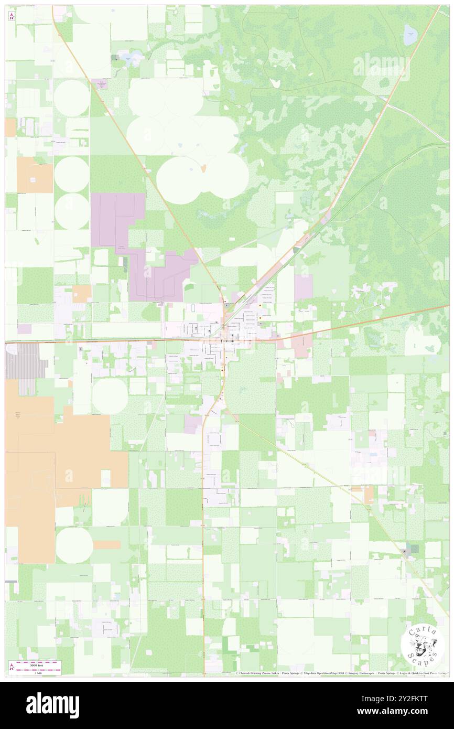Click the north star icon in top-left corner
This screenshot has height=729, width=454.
click(12, 16)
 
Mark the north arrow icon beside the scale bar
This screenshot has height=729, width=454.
click(12, 667)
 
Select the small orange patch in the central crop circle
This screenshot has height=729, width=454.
click(202, 168)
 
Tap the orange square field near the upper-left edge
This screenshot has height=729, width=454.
click(35, 175)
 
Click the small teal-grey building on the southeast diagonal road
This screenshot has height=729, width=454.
click(414, 549)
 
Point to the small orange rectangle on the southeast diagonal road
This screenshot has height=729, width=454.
click(369, 494)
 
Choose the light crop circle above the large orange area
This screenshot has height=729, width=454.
click(110, 395)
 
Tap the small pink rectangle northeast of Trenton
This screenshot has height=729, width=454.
click(304, 287)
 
